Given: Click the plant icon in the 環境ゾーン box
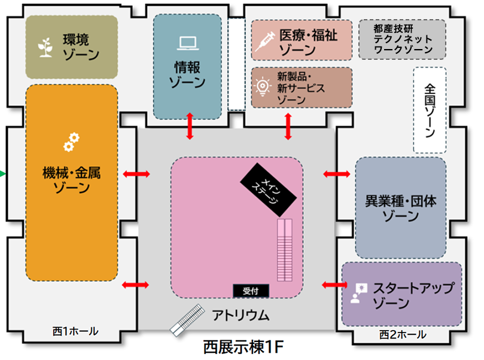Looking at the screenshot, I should coord(44,48).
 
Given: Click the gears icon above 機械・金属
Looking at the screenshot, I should coord(71,142).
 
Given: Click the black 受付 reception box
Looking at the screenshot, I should coord(251,291).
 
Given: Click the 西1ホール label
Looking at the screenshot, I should coord(75,331).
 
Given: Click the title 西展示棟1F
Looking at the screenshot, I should coord(242,347).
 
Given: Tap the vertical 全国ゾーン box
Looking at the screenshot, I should coord(430,110).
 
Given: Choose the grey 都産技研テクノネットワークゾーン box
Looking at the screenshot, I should coord(402,39).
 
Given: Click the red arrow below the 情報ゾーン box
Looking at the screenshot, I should coord(190,126).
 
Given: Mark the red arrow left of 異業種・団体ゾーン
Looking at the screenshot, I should coord(337,174).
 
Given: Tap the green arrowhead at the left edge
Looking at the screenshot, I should coord(2,174).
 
